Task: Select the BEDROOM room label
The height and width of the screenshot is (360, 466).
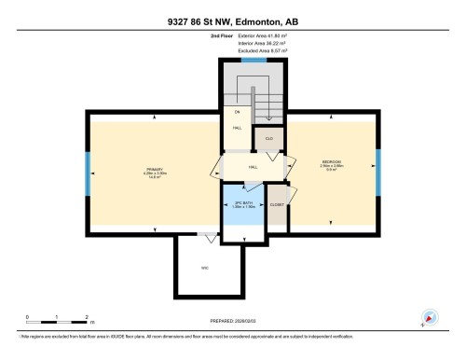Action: pos(332,161)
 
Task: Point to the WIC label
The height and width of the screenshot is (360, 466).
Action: pos(203,268)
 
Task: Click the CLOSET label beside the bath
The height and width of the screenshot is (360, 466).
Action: pos(277,204)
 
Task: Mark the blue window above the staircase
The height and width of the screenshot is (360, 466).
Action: pos(250,61)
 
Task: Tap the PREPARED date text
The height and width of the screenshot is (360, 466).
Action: pos(233,320)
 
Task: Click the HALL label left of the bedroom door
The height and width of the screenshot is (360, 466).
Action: pos(253,167)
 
